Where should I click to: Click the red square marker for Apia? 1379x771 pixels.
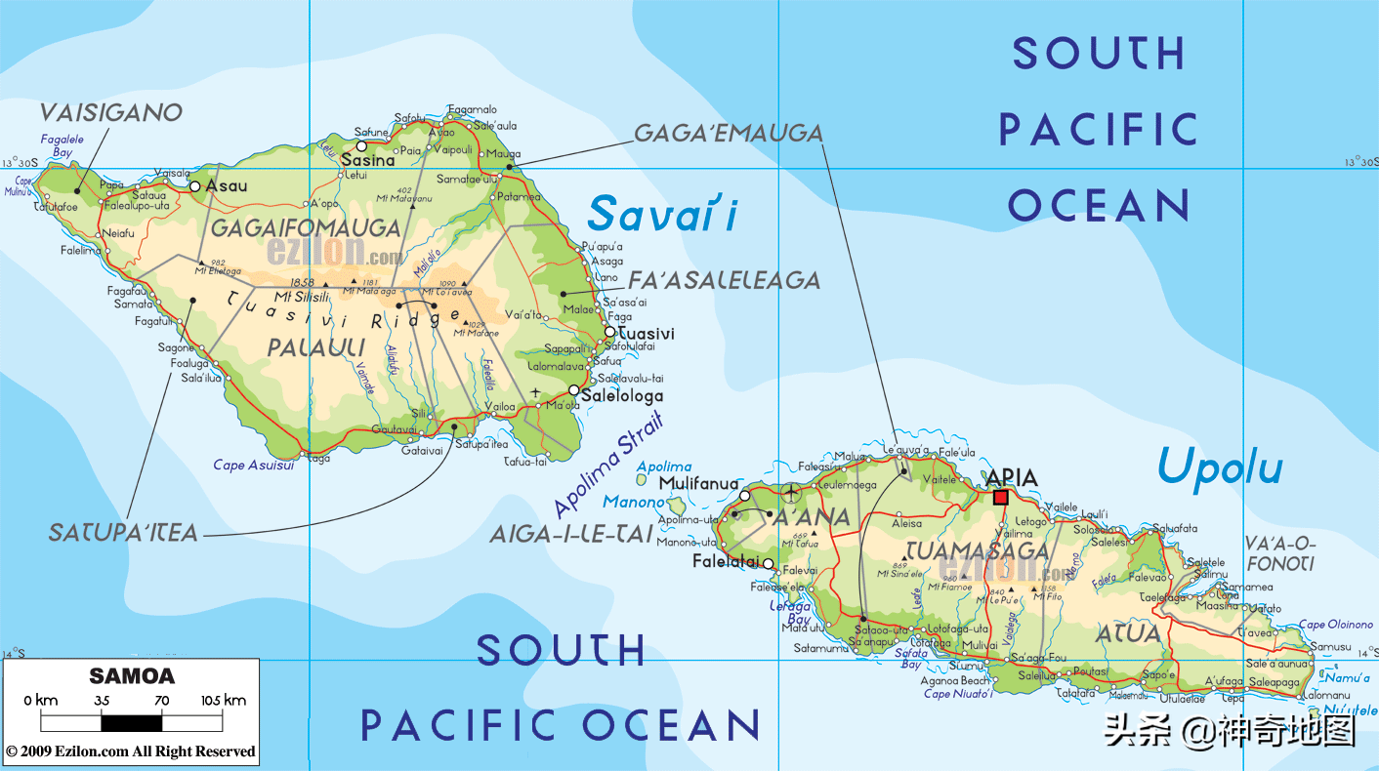click(x=1000, y=498)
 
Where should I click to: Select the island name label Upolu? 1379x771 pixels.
click(x=1219, y=469)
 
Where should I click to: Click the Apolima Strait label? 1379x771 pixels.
click(x=608, y=465)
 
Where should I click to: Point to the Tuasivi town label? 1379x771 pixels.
click(x=646, y=334)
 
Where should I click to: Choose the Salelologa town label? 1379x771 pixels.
click(x=621, y=396)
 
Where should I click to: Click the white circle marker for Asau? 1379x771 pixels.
click(x=195, y=185)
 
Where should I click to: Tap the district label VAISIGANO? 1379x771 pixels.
click(x=110, y=113)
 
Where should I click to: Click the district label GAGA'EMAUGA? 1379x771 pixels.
click(x=729, y=134)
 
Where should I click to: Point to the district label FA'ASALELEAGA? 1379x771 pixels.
click(x=724, y=281)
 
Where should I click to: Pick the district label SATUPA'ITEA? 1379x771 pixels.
click(x=123, y=533)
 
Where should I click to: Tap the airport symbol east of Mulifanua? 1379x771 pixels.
click(x=790, y=493)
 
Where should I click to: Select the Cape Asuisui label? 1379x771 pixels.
click(x=254, y=466)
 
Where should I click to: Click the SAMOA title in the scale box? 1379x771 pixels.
click(x=132, y=676)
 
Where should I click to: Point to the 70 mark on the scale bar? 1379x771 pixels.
click(x=161, y=700)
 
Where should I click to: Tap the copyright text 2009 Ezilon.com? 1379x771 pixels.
click(x=131, y=751)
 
